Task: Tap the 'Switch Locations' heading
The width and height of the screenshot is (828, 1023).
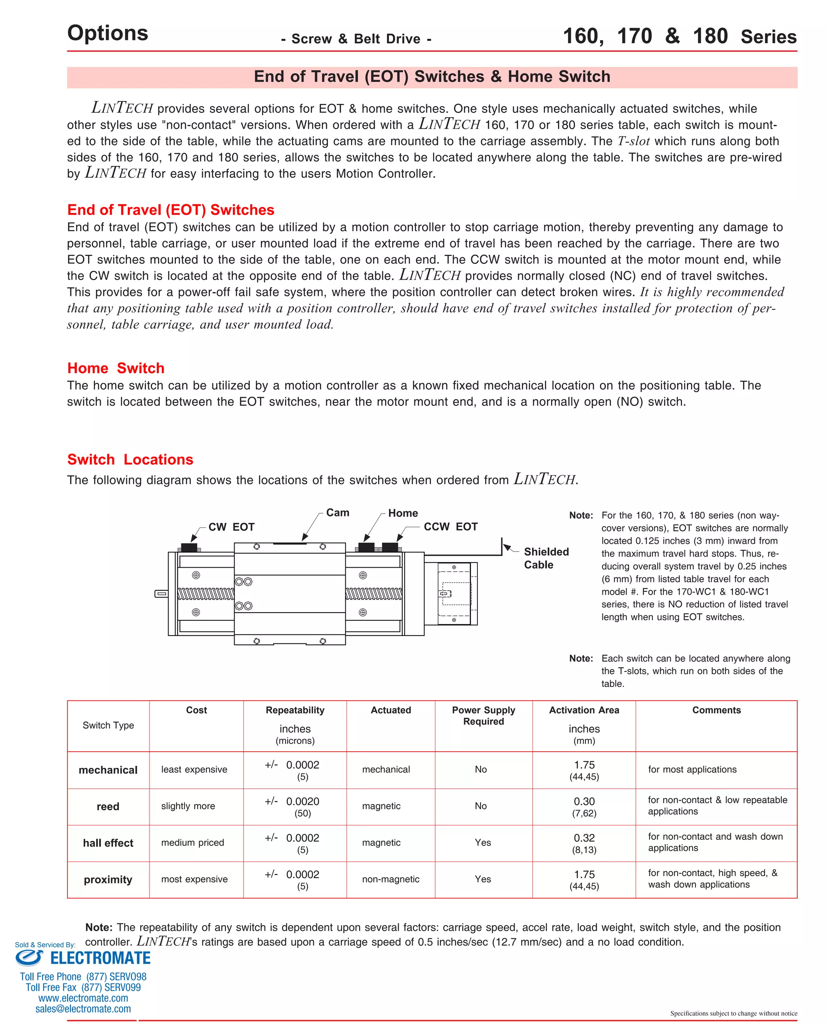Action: tap(130, 459)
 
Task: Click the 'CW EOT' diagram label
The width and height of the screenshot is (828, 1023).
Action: tap(231, 526)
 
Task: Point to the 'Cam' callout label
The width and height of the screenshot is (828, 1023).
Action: tap(337, 512)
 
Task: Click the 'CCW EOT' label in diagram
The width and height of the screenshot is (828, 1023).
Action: tap(450, 526)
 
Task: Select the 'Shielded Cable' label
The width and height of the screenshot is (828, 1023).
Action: tap(546, 558)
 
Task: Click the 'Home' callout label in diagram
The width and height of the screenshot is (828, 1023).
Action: tap(403, 513)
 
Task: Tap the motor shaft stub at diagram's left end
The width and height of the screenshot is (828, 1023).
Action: tap(161, 593)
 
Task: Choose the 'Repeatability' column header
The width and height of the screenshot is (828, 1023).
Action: tap(295, 710)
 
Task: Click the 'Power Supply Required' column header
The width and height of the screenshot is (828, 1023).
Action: tap(483, 715)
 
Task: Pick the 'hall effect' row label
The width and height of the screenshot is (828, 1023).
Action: tap(108, 843)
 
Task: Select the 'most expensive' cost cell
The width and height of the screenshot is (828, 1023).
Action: tap(194, 879)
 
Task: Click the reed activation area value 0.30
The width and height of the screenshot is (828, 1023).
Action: tap(584, 801)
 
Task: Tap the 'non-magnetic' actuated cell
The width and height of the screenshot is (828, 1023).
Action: tap(390, 879)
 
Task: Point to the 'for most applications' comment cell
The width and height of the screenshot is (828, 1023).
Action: tap(692, 769)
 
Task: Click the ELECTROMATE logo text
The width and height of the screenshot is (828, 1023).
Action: tap(100, 958)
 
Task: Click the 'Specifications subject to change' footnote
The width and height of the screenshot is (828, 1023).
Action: tap(733, 1013)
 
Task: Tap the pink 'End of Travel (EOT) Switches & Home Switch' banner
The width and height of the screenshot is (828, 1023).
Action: tap(432, 77)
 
